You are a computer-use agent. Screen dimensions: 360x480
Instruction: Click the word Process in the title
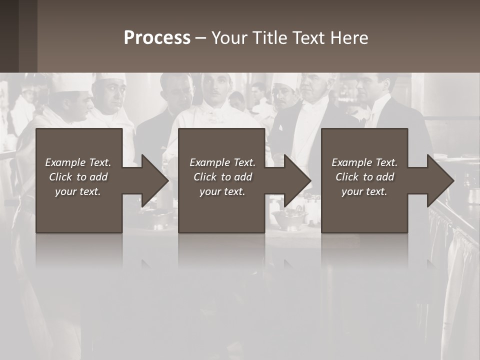click(x=157, y=38)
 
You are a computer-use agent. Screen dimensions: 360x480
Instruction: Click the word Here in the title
click(x=350, y=38)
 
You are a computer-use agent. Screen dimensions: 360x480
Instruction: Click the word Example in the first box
click(x=65, y=162)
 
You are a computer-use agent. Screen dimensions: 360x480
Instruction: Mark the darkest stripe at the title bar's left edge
click(x=9, y=36)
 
